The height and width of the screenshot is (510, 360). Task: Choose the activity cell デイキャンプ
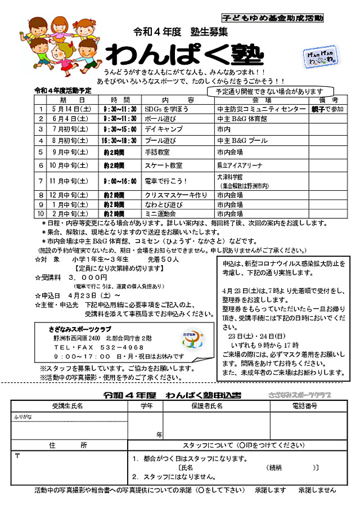click(x=160, y=129)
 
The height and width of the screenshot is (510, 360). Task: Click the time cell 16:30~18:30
click(x=119, y=140)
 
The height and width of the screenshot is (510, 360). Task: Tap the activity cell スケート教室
click(x=164, y=165)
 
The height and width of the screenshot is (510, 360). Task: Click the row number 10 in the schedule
click(x=40, y=214)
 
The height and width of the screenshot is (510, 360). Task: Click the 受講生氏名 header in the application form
click(x=67, y=405)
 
